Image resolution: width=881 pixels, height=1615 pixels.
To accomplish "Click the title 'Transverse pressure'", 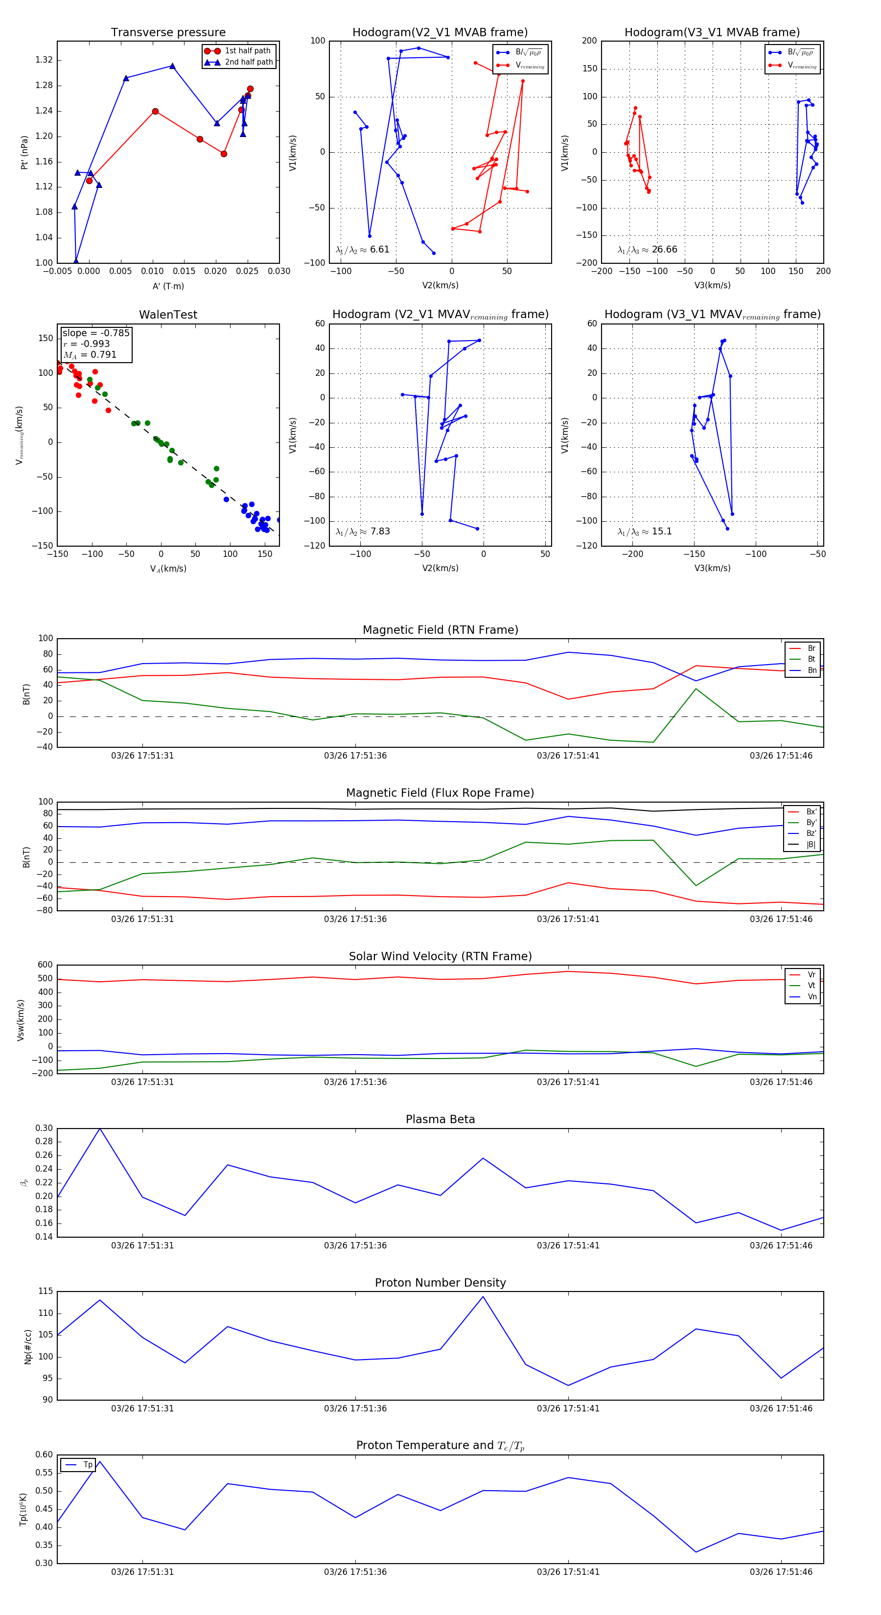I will tap(168, 33).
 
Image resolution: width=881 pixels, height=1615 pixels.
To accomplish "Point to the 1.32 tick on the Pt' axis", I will tap(44, 60).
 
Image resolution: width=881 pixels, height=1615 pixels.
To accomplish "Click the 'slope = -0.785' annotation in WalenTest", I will tap(95, 333).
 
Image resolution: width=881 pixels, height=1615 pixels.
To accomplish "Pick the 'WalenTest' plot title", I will tap(168, 315).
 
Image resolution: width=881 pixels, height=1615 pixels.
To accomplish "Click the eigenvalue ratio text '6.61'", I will tap(379, 250).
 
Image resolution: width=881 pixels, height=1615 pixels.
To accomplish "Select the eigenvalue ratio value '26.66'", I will tap(664, 250).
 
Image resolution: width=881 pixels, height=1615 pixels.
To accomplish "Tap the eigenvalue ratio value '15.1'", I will tap(662, 531).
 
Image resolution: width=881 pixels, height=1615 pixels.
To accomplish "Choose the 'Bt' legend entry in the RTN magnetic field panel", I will tap(811, 659).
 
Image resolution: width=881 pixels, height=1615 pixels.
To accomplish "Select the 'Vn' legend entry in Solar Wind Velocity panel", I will tap(811, 997).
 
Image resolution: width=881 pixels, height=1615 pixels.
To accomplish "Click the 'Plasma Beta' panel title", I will tap(440, 1119).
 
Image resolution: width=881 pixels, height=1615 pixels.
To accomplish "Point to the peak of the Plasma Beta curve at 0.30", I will tap(100, 1129).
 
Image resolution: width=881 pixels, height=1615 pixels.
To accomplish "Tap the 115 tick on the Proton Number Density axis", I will tap(45, 1292).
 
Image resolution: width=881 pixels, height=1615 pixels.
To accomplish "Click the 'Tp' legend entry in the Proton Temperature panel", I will tap(87, 1465).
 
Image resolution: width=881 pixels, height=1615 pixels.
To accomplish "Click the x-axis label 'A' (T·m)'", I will tap(168, 286).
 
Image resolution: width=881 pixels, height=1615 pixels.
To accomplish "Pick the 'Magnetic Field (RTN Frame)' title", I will tap(440, 630).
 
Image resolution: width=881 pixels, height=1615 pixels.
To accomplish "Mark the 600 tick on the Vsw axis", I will tap(45, 965).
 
